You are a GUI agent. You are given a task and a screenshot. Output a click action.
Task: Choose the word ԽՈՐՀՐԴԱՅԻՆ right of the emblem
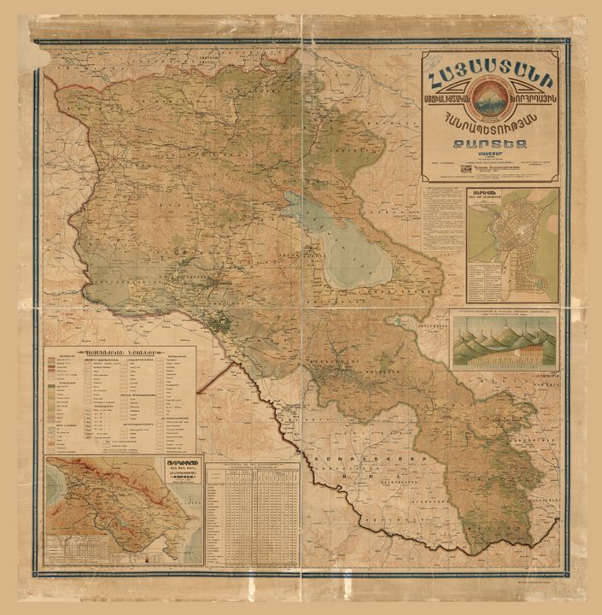[x=529, y=104]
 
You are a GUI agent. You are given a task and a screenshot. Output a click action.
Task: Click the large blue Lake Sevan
[x=350, y=248]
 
